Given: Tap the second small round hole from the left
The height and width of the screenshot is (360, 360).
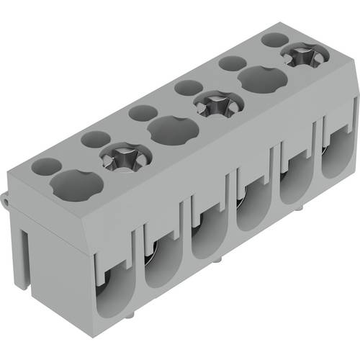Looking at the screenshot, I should (94, 138).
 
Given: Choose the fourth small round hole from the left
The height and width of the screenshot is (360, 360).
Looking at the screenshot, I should (184, 88).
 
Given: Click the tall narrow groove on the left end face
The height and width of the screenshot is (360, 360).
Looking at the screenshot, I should (24, 252).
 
